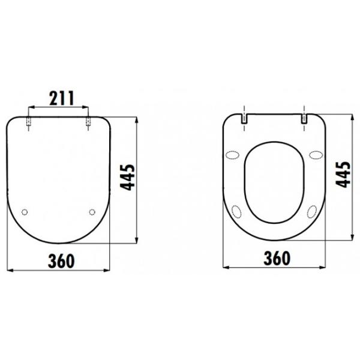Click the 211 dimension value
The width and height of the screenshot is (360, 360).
coord(62,98)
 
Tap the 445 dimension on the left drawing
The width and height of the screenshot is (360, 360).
coord(128,177)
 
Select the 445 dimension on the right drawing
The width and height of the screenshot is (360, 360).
coord(343,175)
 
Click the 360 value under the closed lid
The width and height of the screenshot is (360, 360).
coord(61,261)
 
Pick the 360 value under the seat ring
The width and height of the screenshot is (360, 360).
coord(277,258)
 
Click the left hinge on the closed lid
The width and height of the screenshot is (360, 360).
coord(28,121)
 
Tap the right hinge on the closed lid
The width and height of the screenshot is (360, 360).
coord(88,121)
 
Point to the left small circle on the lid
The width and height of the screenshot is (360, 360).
coord(25,212)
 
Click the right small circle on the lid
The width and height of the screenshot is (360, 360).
coord(92,212)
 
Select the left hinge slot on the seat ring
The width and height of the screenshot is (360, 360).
coord(244,119)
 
